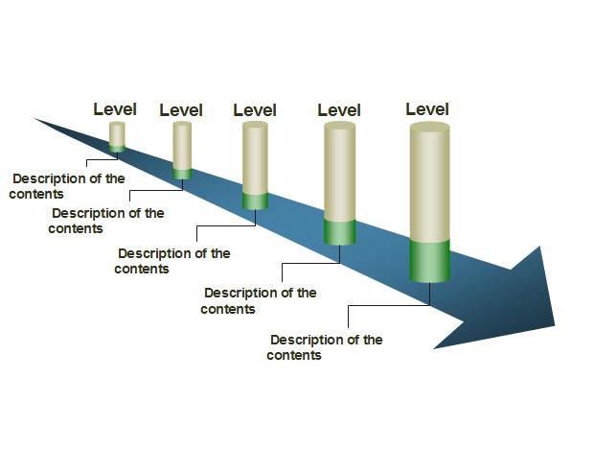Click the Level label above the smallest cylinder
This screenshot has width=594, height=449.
pyautogui.click(x=115, y=109)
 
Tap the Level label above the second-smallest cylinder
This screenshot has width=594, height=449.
pyautogui.click(x=181, y=110)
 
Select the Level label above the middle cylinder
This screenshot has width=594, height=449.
pyautogui.click(x=255, y=110)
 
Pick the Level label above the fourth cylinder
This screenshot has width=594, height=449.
pyautogui.click(x=339, y=110)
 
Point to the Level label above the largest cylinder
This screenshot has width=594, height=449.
pyautogui.click(x=427, y=109)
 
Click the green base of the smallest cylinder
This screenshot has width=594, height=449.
pyautogui.click(x=117, y=149)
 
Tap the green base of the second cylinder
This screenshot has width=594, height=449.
pyautogui.click(x=182, y=174)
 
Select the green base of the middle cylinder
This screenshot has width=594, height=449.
pyautogui.click(x=256, y=201)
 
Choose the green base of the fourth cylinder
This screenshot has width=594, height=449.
pyautogui.click(x=340, y=232)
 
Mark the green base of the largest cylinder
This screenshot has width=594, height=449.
pyautogui.click(x=430, y=261)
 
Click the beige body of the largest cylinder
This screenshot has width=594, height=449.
pyautogui.click(x=430, y=181)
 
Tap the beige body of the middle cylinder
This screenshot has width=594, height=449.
pyautogui.click(x=256, y=157)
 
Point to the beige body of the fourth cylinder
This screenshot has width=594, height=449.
pyautogui.click(x=340, y=172)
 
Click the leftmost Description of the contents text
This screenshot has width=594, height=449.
pyautogui.click(x=67, y=186)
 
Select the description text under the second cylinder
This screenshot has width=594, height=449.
pyautogui.click(x=106, y=221)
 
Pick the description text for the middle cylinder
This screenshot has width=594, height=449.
pyautogui.click(x=172, y=261)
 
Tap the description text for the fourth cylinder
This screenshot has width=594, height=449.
pyautogui.click(x=259, y=300)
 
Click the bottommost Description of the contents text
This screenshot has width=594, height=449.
pyautogui.click(x=325, y=347)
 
